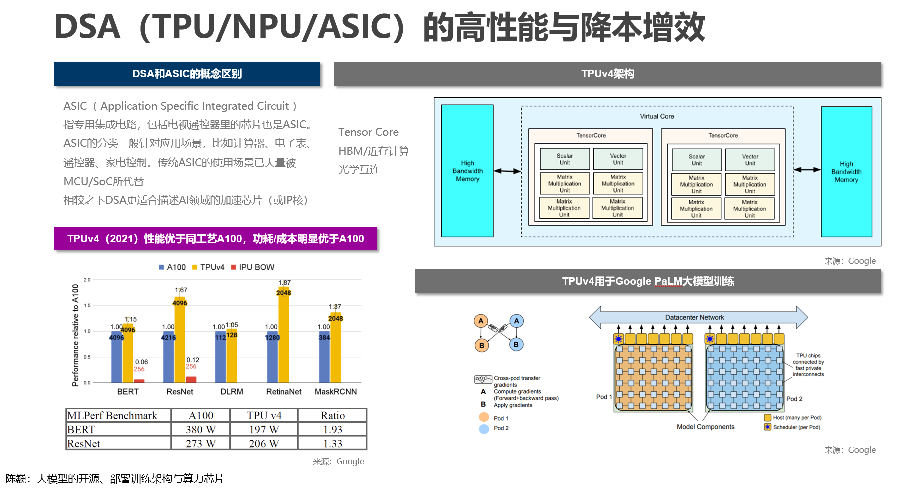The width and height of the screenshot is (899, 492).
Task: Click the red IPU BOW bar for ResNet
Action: tap(191, 380)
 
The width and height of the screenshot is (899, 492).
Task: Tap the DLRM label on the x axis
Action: tap(232, 392)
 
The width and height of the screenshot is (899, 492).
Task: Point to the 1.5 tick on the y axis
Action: tap(87, 305)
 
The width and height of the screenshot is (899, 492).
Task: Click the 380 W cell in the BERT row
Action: tap(201, 430)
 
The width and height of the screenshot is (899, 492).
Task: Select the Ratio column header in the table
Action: tap(333, 416)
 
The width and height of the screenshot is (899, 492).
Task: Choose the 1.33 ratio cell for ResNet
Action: tap(333, 444)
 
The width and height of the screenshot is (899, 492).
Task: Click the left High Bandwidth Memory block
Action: tap(467, 171)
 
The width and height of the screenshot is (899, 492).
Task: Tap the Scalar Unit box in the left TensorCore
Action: tap(564, 159)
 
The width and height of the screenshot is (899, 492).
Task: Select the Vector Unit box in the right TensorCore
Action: tap(750, 160)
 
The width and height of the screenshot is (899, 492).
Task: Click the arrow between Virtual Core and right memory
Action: tap(807, 170)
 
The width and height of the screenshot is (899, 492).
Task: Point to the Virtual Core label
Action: tap(657, 116)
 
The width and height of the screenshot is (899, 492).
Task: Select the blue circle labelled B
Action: tap(516, 344)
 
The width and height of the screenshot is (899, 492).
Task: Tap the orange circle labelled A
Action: tap(481, 321)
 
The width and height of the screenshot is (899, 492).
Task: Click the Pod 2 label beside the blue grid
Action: tap(794, 399)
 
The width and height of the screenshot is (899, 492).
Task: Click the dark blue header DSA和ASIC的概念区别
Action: tap(187, 74)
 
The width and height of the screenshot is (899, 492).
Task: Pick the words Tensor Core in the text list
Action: tap(368, 132)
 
